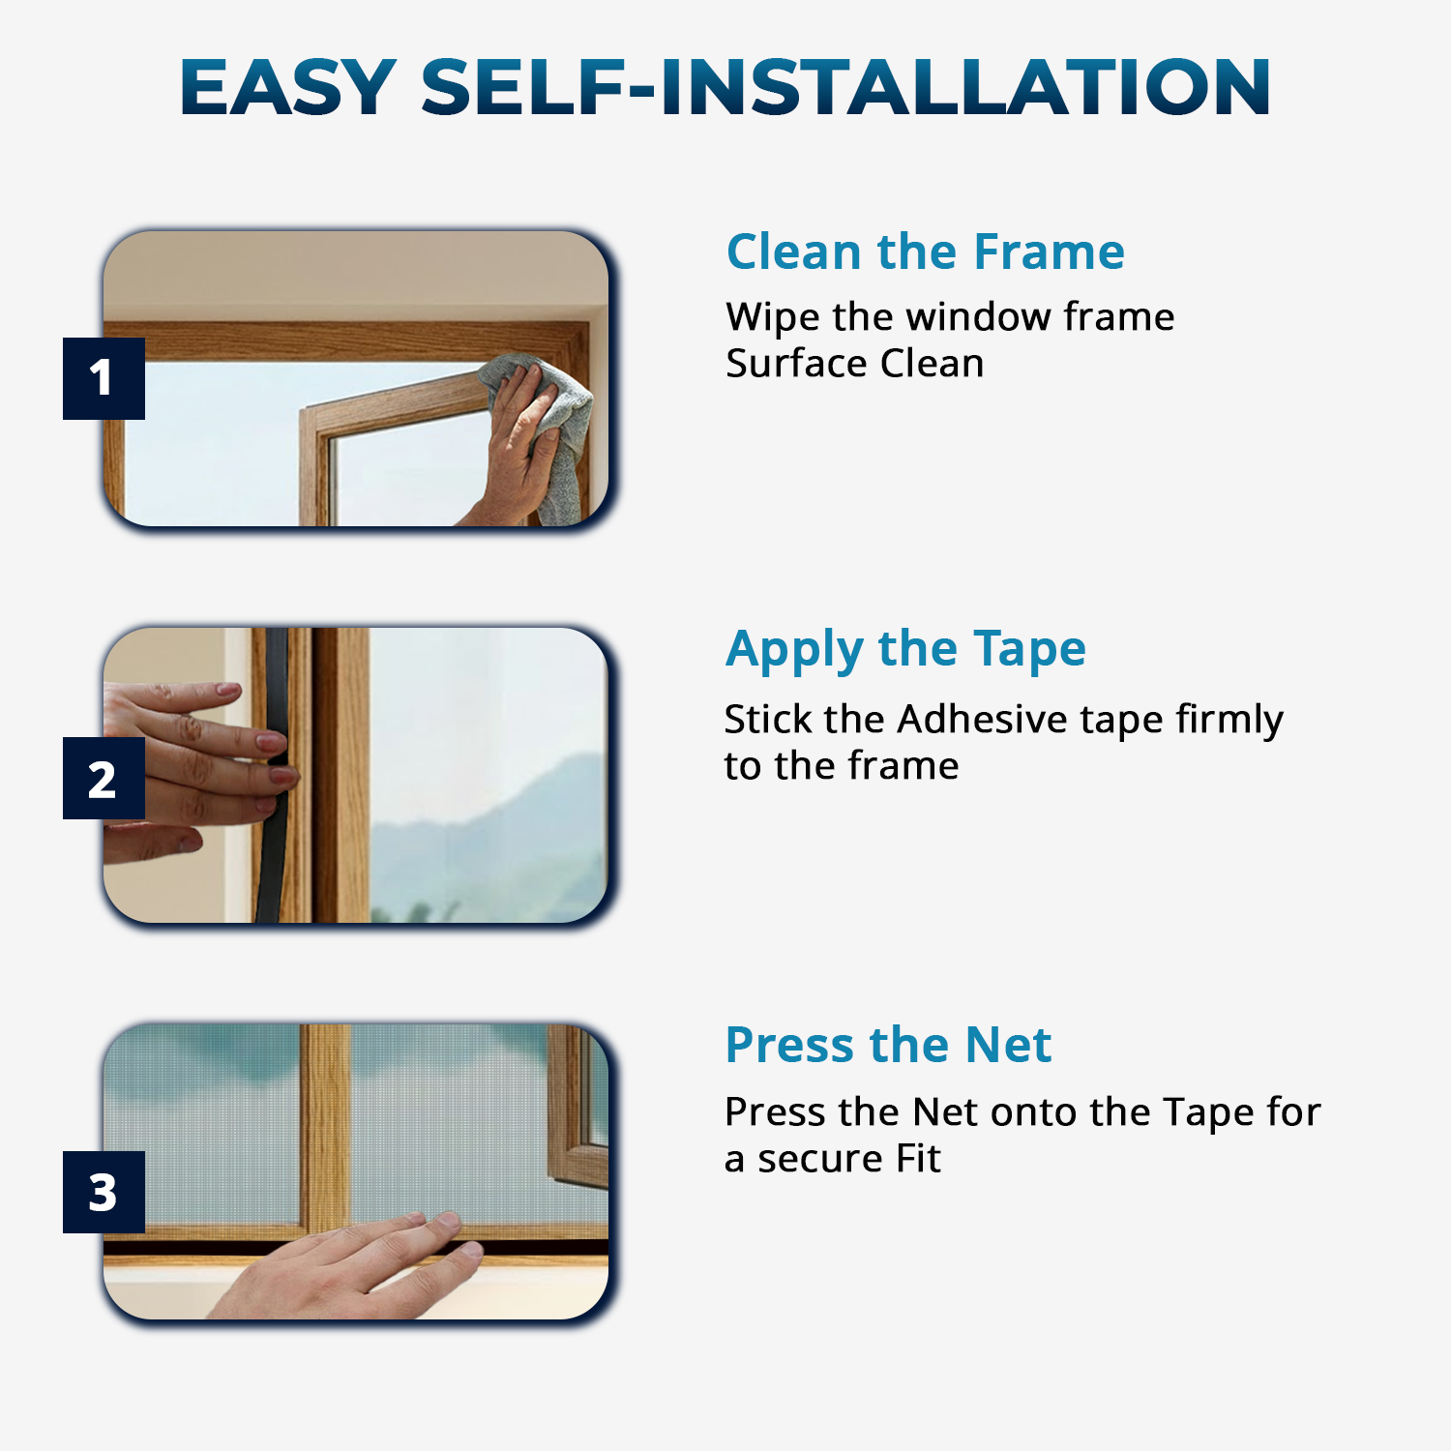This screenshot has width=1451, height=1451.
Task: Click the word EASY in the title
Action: [x=287, y=87]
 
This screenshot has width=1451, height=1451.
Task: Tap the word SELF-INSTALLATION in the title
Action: [x=844, y=87]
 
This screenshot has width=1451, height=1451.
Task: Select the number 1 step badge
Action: [x=104, y=378]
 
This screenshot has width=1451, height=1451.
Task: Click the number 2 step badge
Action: [x=104, y=779]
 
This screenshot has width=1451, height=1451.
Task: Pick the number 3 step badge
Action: [x=104, y=1192]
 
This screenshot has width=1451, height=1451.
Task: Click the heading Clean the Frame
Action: [x=925, y=252]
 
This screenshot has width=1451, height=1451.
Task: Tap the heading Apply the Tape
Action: [x=905, y=649]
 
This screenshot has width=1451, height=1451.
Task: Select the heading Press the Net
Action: [x=888, y=1045]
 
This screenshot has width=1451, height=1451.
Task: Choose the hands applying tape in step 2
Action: [x=193, y=764]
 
